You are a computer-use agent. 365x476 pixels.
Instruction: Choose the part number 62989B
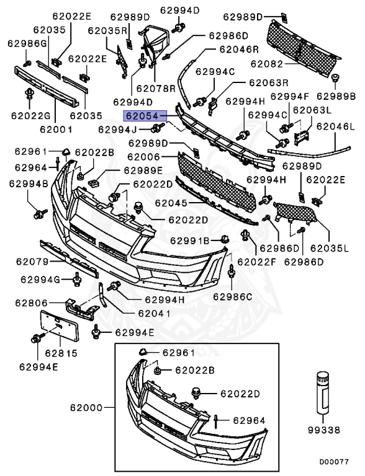tap(336, 96)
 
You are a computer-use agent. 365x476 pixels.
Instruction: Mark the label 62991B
tap(189, 240)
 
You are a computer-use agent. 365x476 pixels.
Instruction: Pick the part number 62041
tap(151, 314)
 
